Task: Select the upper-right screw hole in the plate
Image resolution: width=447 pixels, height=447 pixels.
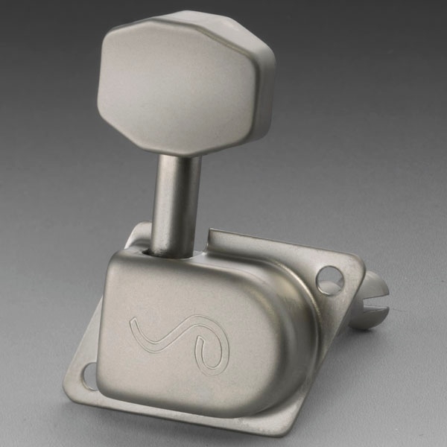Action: (329, 280)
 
